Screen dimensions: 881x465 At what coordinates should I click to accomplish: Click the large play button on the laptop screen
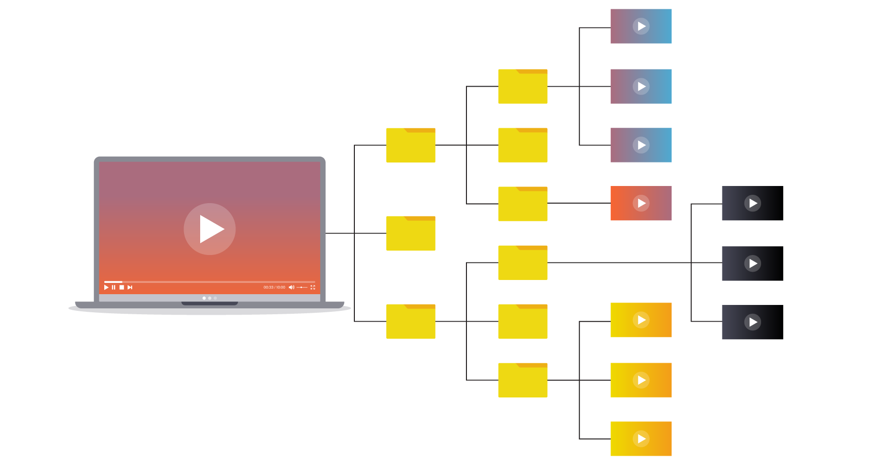[x=209, y=229]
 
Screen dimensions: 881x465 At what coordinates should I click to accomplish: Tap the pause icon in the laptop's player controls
[x=114, y=287]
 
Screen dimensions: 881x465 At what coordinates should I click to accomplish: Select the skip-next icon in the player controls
[x=130, y=287]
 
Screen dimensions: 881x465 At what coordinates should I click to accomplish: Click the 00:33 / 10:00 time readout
[x=274, y=287]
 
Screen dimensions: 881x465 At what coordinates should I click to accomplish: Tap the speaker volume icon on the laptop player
[x=291, y=287]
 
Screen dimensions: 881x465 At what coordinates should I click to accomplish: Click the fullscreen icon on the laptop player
[x=313, y=287]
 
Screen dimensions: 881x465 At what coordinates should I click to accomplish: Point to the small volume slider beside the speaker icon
[x=302, y=287]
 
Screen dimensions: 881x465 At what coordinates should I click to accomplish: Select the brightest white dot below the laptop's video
[x=204, y=298]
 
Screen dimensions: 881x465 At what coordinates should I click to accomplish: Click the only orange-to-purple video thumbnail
[x=641, y=203]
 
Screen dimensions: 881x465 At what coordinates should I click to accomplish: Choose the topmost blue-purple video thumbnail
[x=641, y=26]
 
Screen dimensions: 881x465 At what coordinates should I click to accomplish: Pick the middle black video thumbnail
[x=753, y=263]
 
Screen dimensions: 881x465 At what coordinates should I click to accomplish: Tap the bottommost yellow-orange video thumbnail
[x=641, y=439]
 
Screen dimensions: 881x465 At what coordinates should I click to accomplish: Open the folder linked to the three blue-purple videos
[x=523, y=86]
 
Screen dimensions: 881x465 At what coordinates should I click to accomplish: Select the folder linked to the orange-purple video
[x=523, y=204]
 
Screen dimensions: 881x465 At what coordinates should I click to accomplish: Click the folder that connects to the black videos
[x=523, y=263]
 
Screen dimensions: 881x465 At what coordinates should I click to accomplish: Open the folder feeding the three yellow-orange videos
[x=523, y=380]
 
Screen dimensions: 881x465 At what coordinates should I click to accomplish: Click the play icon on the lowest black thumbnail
[x=753, y=322]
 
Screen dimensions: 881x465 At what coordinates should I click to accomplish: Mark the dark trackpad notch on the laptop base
[x=209, y=303]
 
